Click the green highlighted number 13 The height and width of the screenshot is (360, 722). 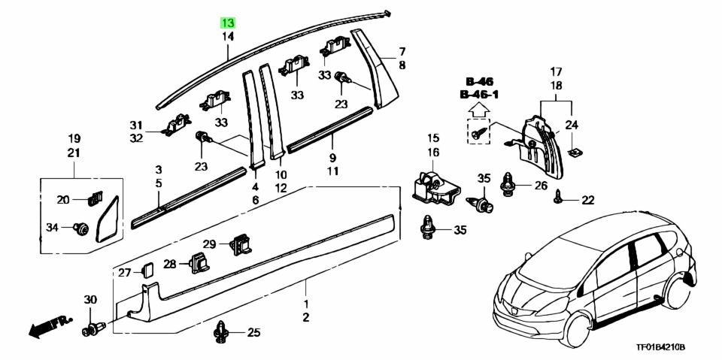point(229,23)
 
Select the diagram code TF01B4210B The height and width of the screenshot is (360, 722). point(661,347)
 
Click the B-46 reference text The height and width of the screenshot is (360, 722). point(479,82)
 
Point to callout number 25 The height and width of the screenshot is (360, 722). point(253,332)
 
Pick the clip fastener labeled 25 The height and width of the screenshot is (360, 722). point(222,332)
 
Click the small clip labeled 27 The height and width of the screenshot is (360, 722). point(148,271)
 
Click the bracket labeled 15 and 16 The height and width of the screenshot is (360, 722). point(434,185)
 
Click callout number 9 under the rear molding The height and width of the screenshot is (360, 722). point(332,157)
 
